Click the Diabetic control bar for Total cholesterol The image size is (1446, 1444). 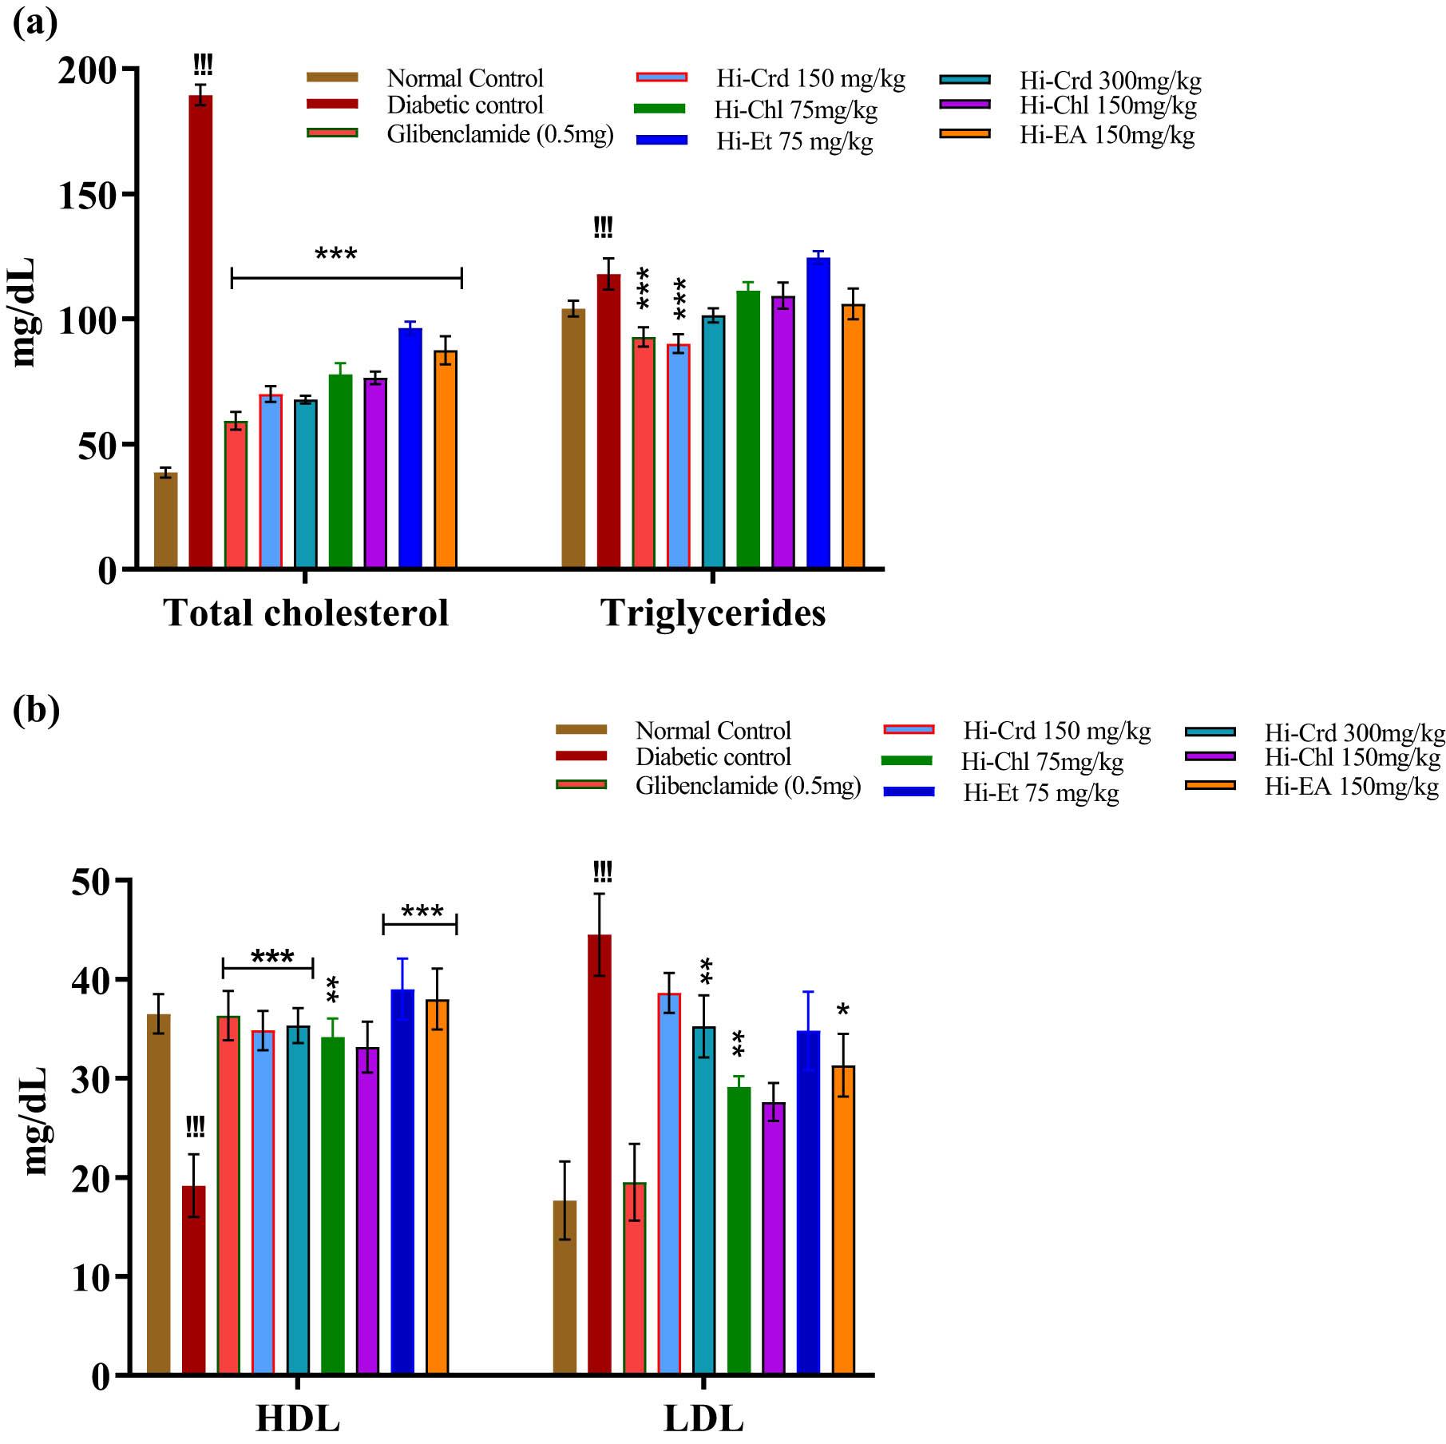(x=200, y=331)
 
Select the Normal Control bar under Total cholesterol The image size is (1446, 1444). (x=166, y=520)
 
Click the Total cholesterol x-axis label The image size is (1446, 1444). (x=306, y=613)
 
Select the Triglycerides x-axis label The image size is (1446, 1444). (x=713, y=613)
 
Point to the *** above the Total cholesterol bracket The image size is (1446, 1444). (x=336, y=255)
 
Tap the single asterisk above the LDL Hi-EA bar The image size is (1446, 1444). (x=843, y=1011)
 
